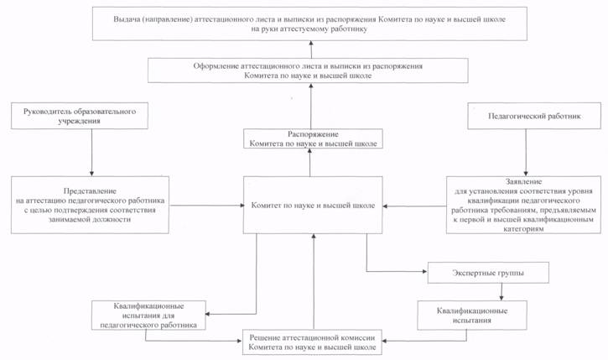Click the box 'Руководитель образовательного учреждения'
tap(80, 116)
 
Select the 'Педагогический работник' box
tap(534, 116)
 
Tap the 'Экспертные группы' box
tap(488, 273)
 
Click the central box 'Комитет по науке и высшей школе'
tap(313, 205)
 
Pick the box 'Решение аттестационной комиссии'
tap(312, 342)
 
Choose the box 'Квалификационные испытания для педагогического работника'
tap(148, 316)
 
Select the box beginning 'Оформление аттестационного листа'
tap(308, 70)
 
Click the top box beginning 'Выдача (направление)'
tap(309, 23)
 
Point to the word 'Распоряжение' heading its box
tap(313, 134)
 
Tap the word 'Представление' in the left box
tap(90, 190)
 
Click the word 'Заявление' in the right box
tap(523, 181)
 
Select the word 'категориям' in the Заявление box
tap(523, 229)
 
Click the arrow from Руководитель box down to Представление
tap(92, 153)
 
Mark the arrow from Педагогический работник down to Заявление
tap(526, 153)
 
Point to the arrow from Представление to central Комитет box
tap(206, 206)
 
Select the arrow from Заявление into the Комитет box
tap(414, 206)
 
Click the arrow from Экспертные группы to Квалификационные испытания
tap(501, 292)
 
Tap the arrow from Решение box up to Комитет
tap(314, 281)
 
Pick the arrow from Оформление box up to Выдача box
tap(311, 50)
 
